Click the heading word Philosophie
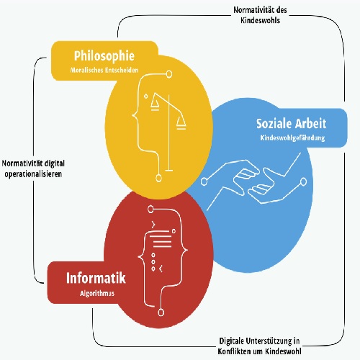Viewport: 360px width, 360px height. click(104, 56)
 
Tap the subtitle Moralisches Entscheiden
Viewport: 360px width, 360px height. click(104, 70)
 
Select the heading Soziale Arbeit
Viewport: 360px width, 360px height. click(292, 124)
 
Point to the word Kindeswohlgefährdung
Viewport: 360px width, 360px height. click(292, 138)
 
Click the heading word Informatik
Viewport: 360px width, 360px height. click(96, 278)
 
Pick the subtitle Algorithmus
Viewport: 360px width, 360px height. click(97, 294)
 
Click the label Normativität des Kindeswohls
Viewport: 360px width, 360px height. click(260, 15)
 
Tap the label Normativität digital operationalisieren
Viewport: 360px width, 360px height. click(33, 168)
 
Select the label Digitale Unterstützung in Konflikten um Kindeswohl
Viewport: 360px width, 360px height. click(259, 346)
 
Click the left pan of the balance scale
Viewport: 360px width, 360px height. click(155, 105)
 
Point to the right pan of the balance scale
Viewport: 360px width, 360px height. click(181, 124)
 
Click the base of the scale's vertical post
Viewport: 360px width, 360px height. click(169, 171)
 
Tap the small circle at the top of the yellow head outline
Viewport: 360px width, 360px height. click(169, 74)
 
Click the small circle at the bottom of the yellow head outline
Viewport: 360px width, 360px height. click(158, 178)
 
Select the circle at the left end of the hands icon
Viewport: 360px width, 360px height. click(204, 182)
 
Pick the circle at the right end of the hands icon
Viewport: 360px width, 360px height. click(304, 181)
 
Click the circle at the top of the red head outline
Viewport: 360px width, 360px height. click(150, 209)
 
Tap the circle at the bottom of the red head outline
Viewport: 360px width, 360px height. click(161, 312)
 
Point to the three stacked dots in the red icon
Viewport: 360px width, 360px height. click(153, 262)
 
